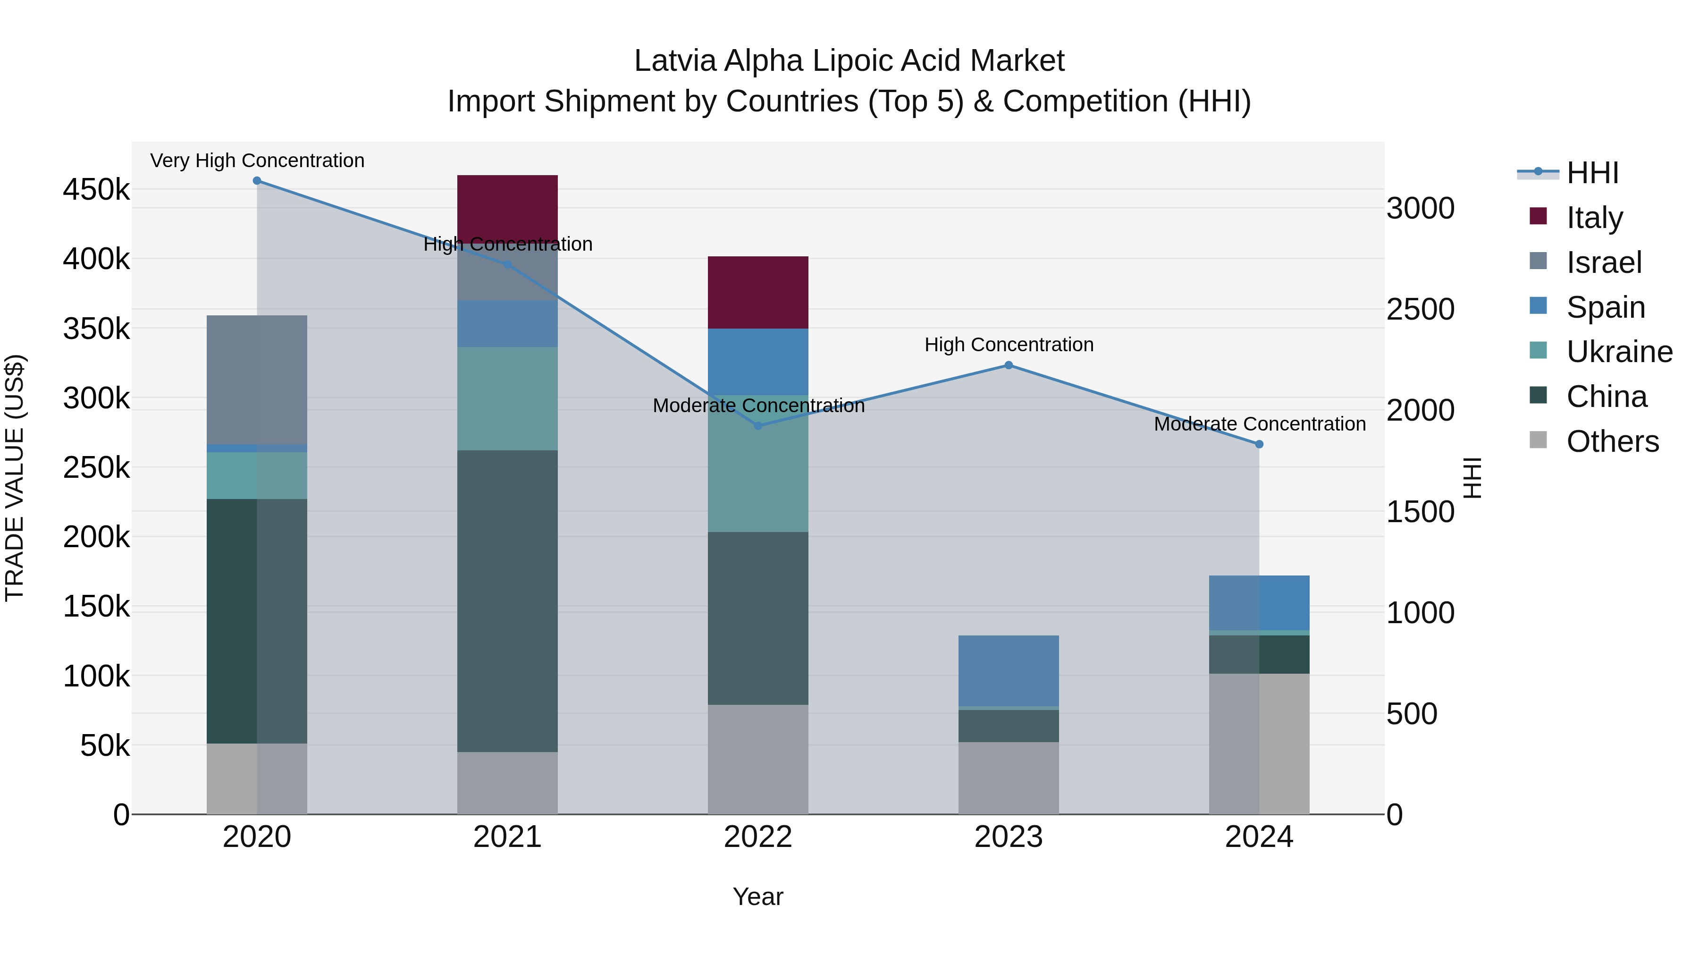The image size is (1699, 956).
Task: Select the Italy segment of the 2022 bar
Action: click(x=758, y=292)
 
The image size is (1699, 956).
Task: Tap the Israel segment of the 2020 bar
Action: click(x=257, y=380)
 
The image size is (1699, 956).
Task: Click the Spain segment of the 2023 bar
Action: click(x=1009, y=670)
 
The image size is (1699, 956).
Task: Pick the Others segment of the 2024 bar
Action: click(x=1259, y=744)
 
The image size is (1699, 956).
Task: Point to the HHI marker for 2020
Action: click(x=257, y=181)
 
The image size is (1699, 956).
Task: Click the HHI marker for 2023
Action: click(x=1009, y=365)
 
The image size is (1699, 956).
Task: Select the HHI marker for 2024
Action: click(x=1259, y=445)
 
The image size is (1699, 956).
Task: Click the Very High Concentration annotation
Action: click(x=257, y=161)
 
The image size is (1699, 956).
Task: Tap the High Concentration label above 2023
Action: click(x=1009, y=345)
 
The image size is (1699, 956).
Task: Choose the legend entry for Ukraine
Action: click(x=1619, y=352)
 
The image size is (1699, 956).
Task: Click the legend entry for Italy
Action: click(x=1594, y=217)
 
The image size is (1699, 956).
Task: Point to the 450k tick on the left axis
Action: click(x=96, y=190)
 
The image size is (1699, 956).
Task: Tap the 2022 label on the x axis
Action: click(x=758, y=837)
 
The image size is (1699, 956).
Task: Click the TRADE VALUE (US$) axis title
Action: click(x=15, y=478)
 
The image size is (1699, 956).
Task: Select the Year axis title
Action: click(x=758, y=897)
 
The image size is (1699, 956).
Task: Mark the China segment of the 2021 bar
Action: click(x=507, y=601)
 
